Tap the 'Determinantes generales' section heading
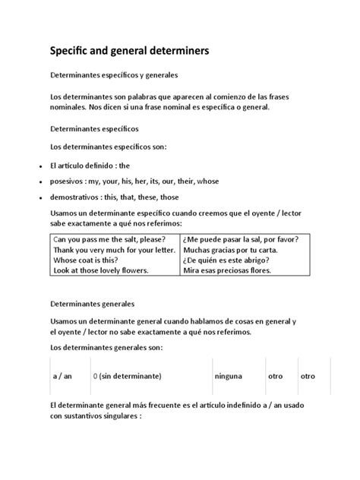click(92, 303)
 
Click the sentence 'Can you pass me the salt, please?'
click(109, 239)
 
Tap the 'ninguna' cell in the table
click(228, 376)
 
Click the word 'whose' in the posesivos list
click(207, 182)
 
